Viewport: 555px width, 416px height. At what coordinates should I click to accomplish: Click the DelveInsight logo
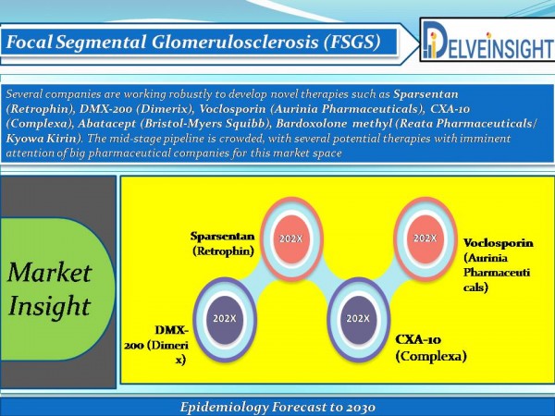[487, 40]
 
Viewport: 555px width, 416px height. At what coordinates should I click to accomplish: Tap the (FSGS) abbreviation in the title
[352, 42]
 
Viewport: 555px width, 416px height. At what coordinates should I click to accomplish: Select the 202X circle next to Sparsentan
[291, 239]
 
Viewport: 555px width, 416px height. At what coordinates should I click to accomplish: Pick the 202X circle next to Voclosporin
[425, 239]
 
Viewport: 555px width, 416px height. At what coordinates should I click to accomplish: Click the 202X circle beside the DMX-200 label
[225, 319]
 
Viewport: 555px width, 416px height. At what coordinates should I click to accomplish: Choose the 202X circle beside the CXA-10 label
[358, 319]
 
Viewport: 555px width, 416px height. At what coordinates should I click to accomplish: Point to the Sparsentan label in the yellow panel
[223, 236]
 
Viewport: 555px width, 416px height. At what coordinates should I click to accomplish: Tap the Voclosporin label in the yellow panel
[499, 243]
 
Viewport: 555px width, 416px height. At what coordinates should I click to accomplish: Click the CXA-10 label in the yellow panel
[418, 339]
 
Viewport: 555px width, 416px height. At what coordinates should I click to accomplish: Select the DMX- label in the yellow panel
[171, 330]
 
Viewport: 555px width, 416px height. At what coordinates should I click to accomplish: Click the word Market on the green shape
[50, 273]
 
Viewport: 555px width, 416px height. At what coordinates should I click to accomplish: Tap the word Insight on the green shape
[50, 306]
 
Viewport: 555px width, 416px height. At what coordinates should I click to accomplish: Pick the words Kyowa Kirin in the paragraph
[42, 138]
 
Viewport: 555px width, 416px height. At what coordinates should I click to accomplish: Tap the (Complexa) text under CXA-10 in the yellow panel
[431, 356]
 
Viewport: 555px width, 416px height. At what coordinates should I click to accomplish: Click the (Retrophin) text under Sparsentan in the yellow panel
[223, 251]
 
